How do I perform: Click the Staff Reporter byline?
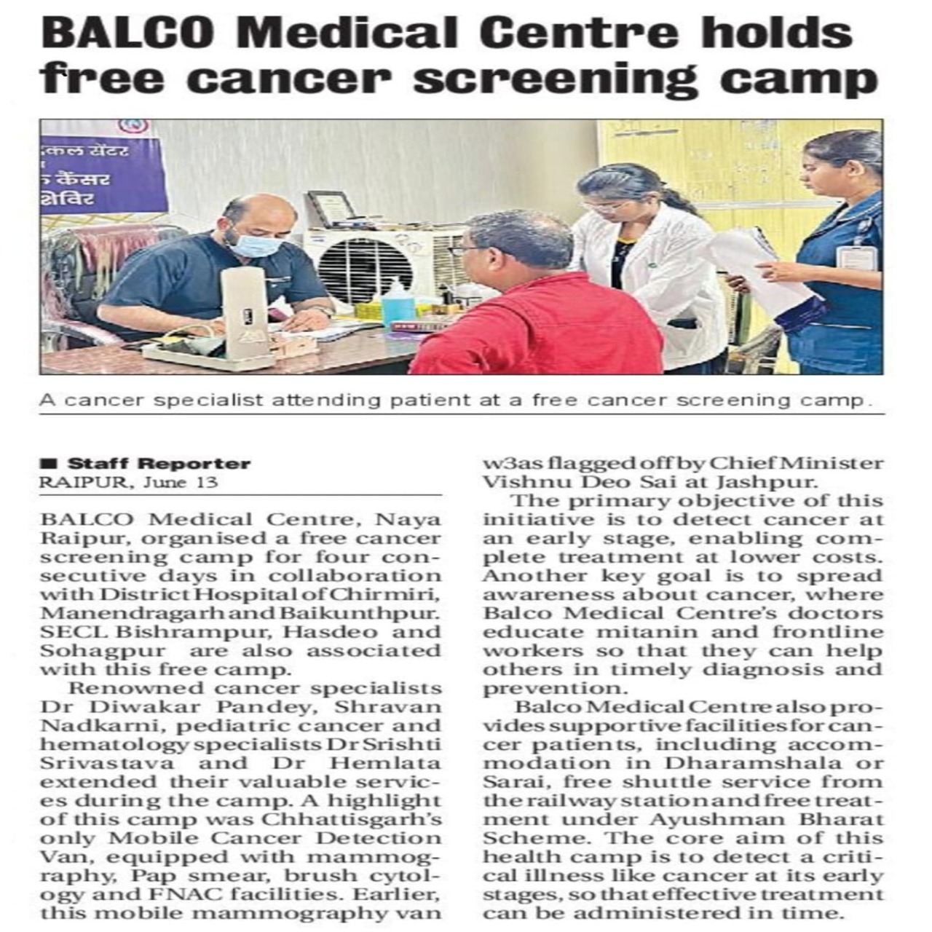click(x=159, y=464)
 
